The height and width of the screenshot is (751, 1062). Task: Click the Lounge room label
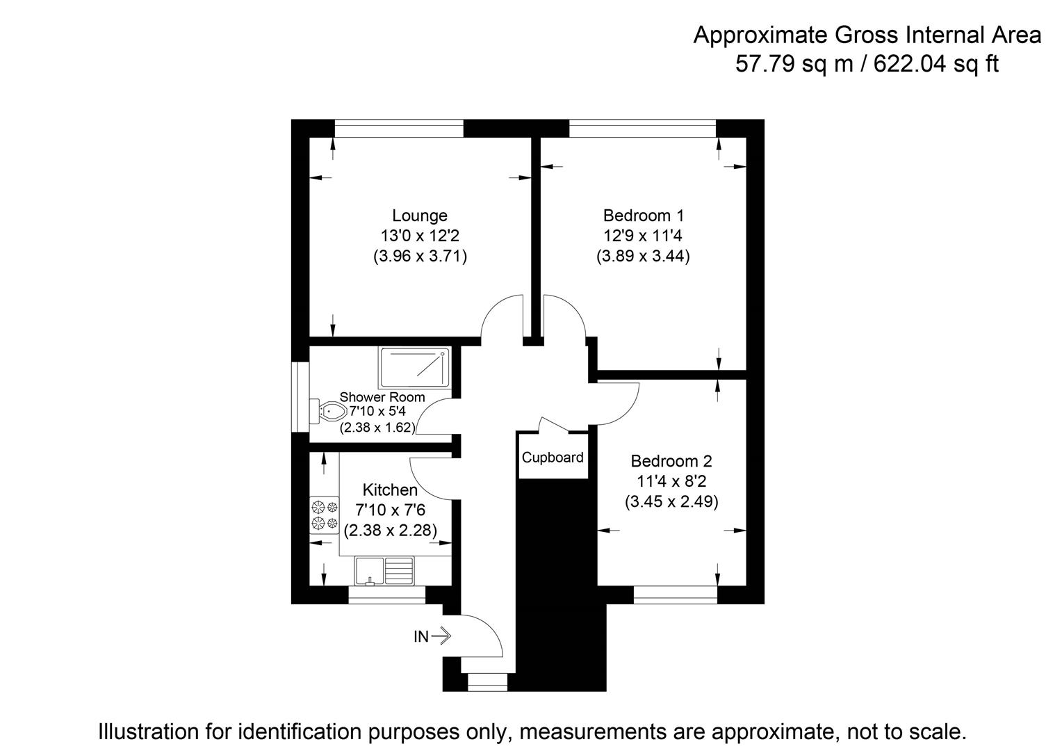419,216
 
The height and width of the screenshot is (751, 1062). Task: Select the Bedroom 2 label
671,461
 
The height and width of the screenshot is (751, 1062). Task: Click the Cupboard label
553,458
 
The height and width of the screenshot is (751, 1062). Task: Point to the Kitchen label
390,490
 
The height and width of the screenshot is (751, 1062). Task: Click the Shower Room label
382,397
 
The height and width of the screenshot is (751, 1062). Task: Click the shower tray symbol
414,368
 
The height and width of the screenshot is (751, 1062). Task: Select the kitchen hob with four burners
325,515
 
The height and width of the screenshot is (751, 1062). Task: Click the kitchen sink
384,571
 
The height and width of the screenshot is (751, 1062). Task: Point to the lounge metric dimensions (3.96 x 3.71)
419,256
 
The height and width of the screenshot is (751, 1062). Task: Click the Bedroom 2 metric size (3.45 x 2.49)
671,501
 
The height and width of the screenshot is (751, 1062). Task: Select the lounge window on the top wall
398,129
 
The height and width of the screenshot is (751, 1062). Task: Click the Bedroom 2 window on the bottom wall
675,595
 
